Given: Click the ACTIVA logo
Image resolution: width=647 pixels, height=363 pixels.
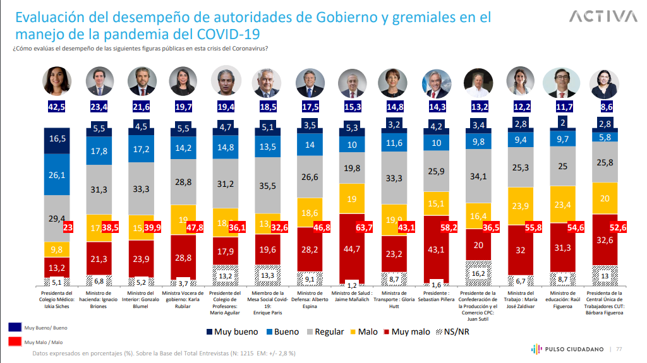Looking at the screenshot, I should pos(603,16).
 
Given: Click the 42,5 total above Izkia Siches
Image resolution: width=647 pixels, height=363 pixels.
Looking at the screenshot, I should pos(56,107).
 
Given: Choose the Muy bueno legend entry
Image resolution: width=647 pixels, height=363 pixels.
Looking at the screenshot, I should pos(232,331).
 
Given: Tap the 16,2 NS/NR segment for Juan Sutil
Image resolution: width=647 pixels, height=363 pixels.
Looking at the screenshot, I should pos(479,273).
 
